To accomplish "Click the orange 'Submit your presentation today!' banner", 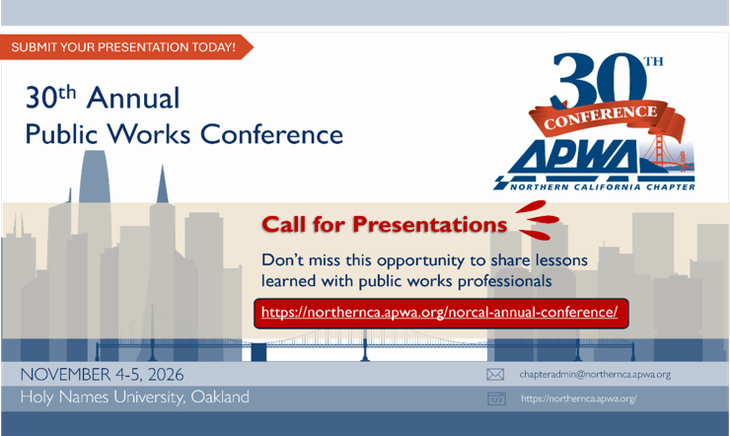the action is [125, 47].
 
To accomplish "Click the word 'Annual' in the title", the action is [133, 99].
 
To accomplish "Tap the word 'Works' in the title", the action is [149, 134].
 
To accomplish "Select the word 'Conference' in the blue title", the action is [271, 134].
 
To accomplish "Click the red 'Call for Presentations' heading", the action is [384, 224].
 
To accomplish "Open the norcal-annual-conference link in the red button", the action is [440, 312].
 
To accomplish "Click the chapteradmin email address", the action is [595, 375].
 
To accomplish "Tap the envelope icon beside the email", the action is [495, 375].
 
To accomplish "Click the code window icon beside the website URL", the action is [496, 399].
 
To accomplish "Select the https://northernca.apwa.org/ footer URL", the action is [579, 399].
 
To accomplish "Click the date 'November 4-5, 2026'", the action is [102, 375].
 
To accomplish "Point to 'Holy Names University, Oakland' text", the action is [134, 397].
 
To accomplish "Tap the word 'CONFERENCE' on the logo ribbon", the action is [601, 117].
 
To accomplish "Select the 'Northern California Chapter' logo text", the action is [603, 187].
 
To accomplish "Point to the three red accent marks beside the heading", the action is [538, 220].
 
